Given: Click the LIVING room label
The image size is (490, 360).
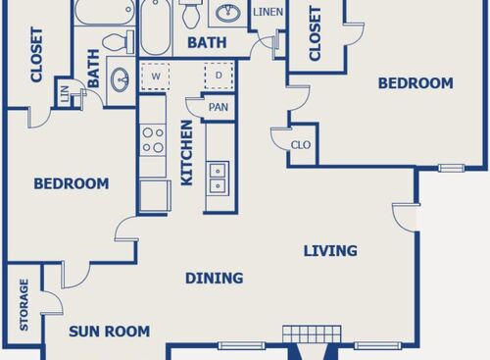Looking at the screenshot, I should click(x=329, y=251).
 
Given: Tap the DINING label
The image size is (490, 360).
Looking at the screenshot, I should click(x=214, y=279).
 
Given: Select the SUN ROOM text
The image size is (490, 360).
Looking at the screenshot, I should click(x=109, y=332).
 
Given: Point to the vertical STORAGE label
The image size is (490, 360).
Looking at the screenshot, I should click(x=24, y=305).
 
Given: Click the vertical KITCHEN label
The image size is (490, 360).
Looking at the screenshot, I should click(x=186, y=153).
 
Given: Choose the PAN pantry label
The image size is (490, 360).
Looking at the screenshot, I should click(x=218, y=106).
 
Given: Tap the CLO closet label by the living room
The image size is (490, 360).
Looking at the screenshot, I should click(x=300, y=146).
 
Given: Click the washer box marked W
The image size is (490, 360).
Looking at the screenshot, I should click(x=154, y=76).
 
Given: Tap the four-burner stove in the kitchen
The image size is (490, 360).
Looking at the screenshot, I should click(x=153, y=139).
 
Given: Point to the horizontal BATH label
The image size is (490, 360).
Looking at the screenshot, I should click(x=207, y=43).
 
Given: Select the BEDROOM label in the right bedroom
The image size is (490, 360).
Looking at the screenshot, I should click(x=416, y=83).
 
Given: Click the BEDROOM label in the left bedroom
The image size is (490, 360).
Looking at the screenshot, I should click(x=71, y=183).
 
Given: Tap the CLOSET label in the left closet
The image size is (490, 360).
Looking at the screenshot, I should click(x=36, y=58).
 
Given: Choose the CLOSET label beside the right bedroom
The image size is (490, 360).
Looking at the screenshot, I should click(x=316, y=34).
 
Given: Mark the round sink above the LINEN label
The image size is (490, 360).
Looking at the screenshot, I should click(x=229, y=14).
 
